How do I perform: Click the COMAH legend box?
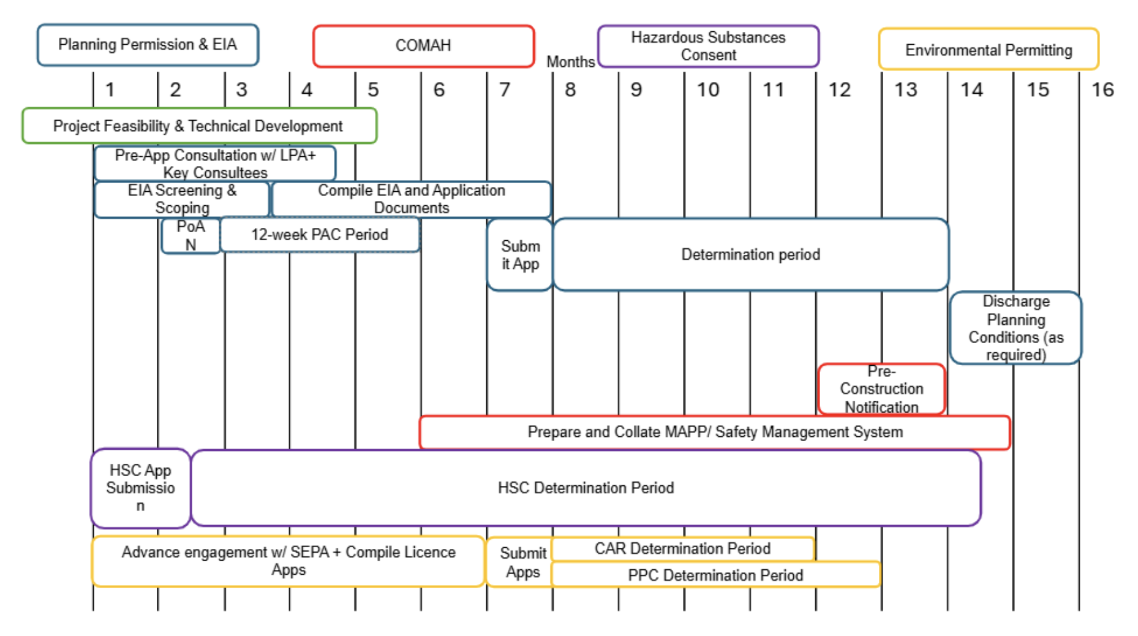(423, 46)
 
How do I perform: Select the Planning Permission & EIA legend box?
(148, 45)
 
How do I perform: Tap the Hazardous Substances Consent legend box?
(708, 46)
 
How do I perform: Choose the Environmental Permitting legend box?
(988, 50)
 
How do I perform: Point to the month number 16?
(1102, 90)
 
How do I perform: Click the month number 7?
(505, 90)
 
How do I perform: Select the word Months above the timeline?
(570, 62)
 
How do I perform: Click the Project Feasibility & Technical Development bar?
(199, 126)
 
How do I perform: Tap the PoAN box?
(190, 236)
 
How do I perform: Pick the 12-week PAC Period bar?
(320, 235)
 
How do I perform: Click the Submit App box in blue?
(520, 255)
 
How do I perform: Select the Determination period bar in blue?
(750, 254)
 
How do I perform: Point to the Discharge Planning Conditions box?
(1016, 328)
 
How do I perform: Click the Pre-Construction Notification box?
(881, 389)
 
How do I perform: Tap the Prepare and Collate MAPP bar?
(715, 432)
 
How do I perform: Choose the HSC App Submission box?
(140, 488)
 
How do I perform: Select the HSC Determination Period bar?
(586, 488)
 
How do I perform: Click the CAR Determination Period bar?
(682, 548)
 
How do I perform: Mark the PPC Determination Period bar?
(715, 575)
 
